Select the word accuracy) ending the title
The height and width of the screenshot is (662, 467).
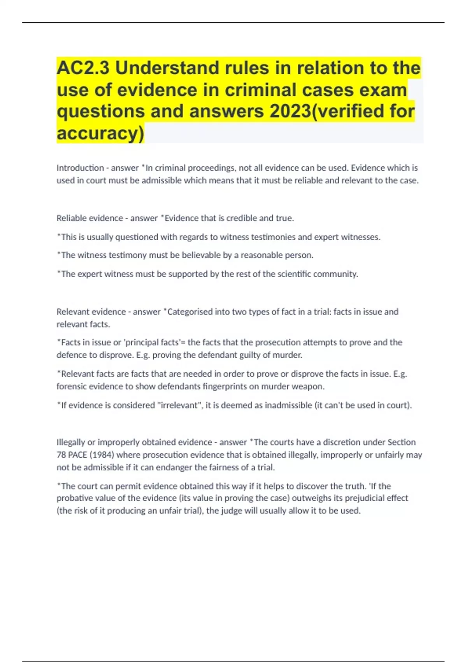click(x=100, y=133)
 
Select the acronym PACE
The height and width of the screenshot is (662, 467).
click(x=77, y=455)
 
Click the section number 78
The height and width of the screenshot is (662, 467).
click(x=61, y=455)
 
